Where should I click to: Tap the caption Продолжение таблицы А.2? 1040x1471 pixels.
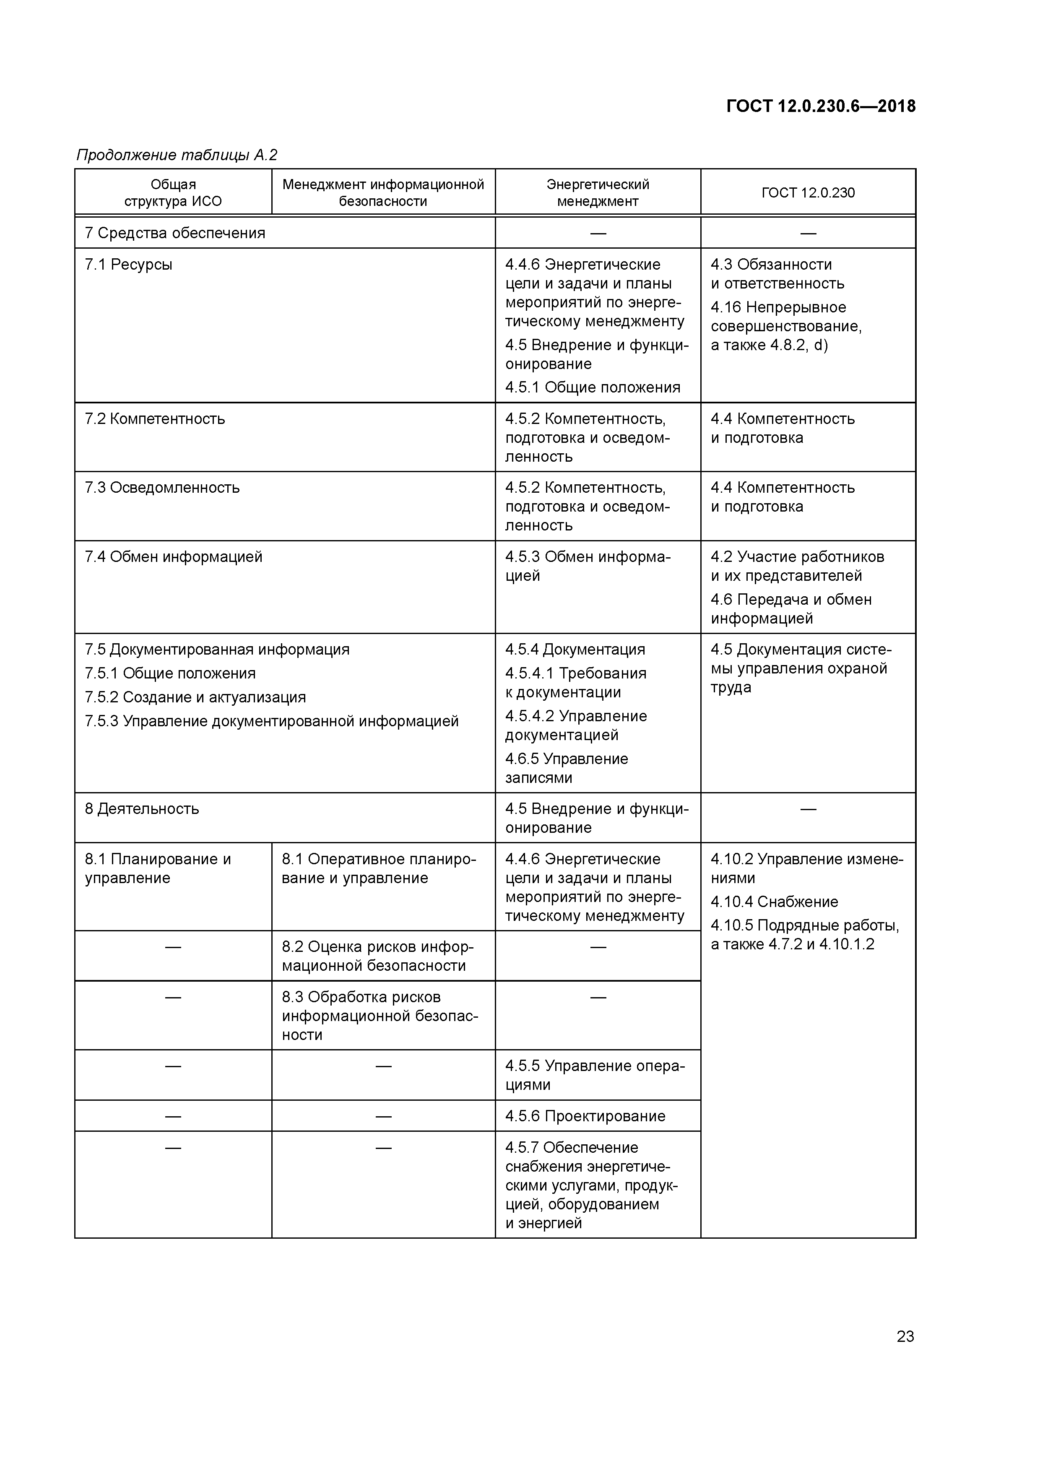pos(177,155)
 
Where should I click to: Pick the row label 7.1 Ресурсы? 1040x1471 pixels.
pos(129,265)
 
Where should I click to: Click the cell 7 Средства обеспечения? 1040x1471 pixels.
pos(175,233)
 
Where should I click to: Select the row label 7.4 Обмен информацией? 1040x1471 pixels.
pos(174,557)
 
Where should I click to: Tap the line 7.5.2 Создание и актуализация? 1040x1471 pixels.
pos(195,697)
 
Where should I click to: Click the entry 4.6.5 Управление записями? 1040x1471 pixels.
pos(567,768)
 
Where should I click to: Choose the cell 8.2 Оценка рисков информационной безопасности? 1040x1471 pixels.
pos(377,956)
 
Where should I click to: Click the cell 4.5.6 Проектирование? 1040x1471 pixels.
pos(585,1116)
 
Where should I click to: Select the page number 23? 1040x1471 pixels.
pos(905,1336)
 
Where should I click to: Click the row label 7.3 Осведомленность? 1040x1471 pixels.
pos(162,488)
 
